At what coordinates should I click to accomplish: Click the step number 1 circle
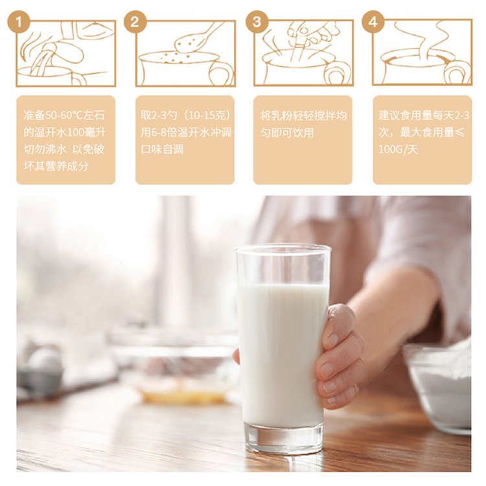19,22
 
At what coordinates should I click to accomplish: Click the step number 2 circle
135,22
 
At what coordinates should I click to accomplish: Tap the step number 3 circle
257,22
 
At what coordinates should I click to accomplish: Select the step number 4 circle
373,22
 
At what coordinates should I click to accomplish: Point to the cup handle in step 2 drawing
222,73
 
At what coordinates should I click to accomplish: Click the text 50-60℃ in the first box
64,115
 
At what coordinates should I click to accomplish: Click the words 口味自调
162,150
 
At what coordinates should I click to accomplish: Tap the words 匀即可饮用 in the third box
287,133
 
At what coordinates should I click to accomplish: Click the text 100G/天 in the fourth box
398,150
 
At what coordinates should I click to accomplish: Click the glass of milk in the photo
282,347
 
